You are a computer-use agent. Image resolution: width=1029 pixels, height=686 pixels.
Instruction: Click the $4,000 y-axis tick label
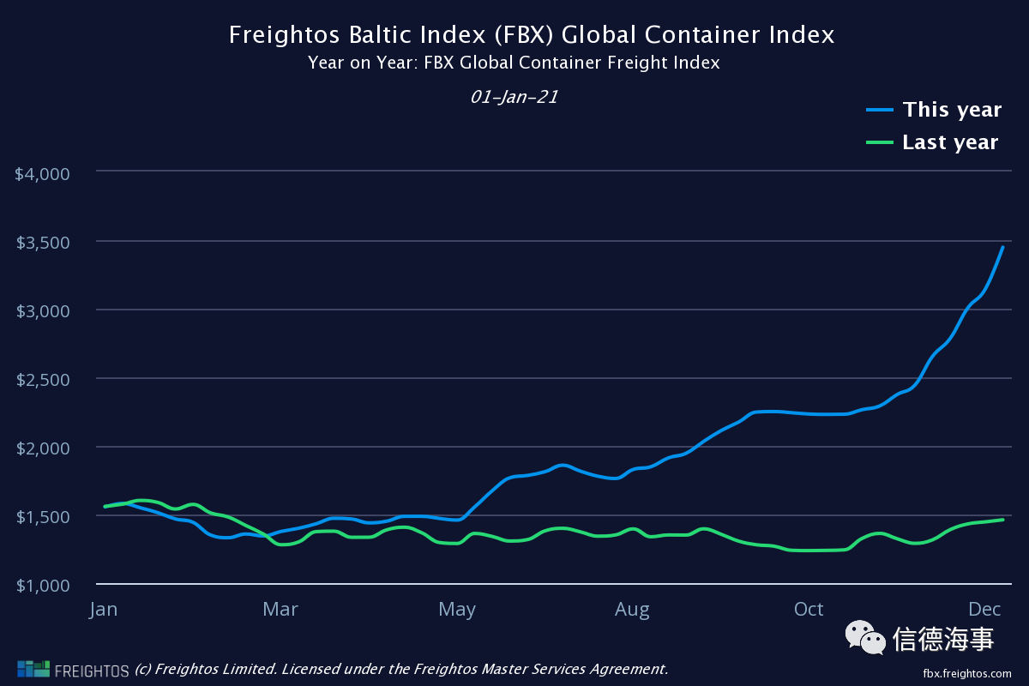coord(42,173)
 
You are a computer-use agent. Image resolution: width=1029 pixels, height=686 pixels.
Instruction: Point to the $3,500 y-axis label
coord(42,242)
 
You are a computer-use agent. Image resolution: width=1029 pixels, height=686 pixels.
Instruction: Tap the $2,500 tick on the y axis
coord(42,379)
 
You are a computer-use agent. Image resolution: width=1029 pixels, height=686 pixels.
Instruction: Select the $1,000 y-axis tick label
coord(42,585)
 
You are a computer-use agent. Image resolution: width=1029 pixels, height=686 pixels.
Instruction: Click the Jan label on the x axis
coord(103,610)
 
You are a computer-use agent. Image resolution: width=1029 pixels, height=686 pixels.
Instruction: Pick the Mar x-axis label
coord(280,610)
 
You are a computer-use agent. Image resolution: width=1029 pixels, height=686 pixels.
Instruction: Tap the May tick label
coord(457,610)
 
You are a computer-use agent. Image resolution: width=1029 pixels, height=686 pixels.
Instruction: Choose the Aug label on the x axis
coord(632,610)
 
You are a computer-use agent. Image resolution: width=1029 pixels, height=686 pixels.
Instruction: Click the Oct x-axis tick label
coord(809,610)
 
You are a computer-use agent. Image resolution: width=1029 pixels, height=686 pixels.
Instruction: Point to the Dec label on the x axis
coord(985,610)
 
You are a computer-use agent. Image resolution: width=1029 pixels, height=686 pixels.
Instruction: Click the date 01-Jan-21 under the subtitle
coord(514,97)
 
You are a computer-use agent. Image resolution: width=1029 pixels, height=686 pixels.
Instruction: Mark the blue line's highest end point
coord(1002,247)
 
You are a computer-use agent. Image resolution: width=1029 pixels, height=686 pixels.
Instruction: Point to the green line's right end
coord(1002,520)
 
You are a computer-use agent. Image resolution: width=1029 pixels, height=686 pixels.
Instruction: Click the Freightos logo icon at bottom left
coord(33,669)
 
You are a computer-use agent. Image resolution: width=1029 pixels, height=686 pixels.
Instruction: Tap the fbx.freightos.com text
coord(967,673)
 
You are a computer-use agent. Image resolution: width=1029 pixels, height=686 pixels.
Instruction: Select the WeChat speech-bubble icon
coord(865,637)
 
